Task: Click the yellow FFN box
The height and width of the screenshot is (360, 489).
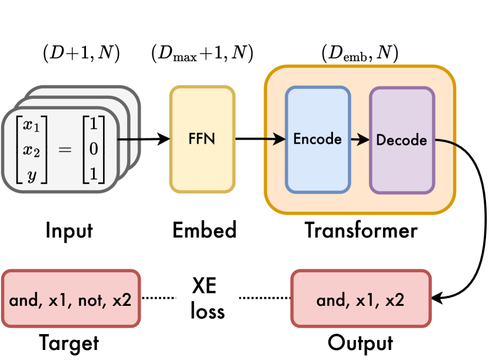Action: point(202,139)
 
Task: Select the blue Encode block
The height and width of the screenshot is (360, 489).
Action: point(318,139)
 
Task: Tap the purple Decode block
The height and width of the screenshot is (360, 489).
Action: point(401,140)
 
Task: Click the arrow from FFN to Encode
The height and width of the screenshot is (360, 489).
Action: point(260,139)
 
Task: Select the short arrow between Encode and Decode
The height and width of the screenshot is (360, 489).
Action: point(359,139)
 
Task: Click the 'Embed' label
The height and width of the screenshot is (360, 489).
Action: point(204,230)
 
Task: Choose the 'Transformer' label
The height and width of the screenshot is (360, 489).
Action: point(361,230)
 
